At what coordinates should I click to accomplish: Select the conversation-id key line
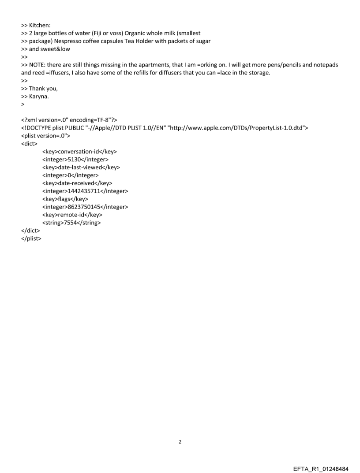tap(79, 152)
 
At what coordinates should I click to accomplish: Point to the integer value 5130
tap(75, 160)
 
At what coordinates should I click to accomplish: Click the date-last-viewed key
tap(81, 168)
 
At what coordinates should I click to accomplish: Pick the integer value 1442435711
tap(85, 191)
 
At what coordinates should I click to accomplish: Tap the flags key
tap(65, 199)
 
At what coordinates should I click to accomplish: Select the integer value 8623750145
tap(85, 207)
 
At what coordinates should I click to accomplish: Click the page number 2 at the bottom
tap(180, 441)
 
